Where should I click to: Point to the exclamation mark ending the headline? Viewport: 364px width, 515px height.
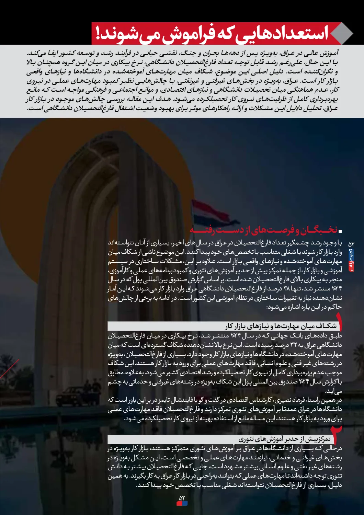coord(99,34)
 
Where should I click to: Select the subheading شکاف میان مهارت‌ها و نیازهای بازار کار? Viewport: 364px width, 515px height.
coord(281,326)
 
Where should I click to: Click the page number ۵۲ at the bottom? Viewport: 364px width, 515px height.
coord(182,498)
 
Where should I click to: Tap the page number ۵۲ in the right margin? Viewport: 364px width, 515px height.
coord(351,244)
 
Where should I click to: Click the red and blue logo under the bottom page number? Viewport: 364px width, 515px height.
coord(182,503)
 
